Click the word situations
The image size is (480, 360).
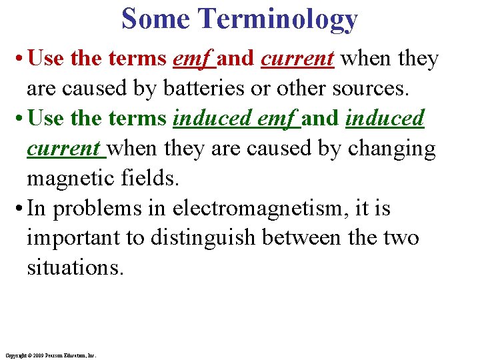point(75,269)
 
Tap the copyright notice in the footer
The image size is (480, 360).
point(49,356)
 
